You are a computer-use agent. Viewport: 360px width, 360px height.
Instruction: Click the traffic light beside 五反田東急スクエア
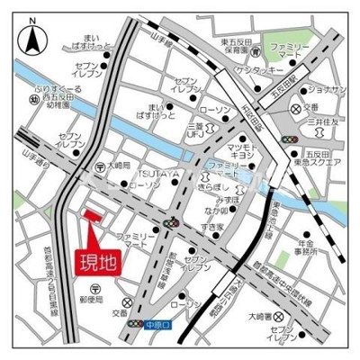coord(289,140)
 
